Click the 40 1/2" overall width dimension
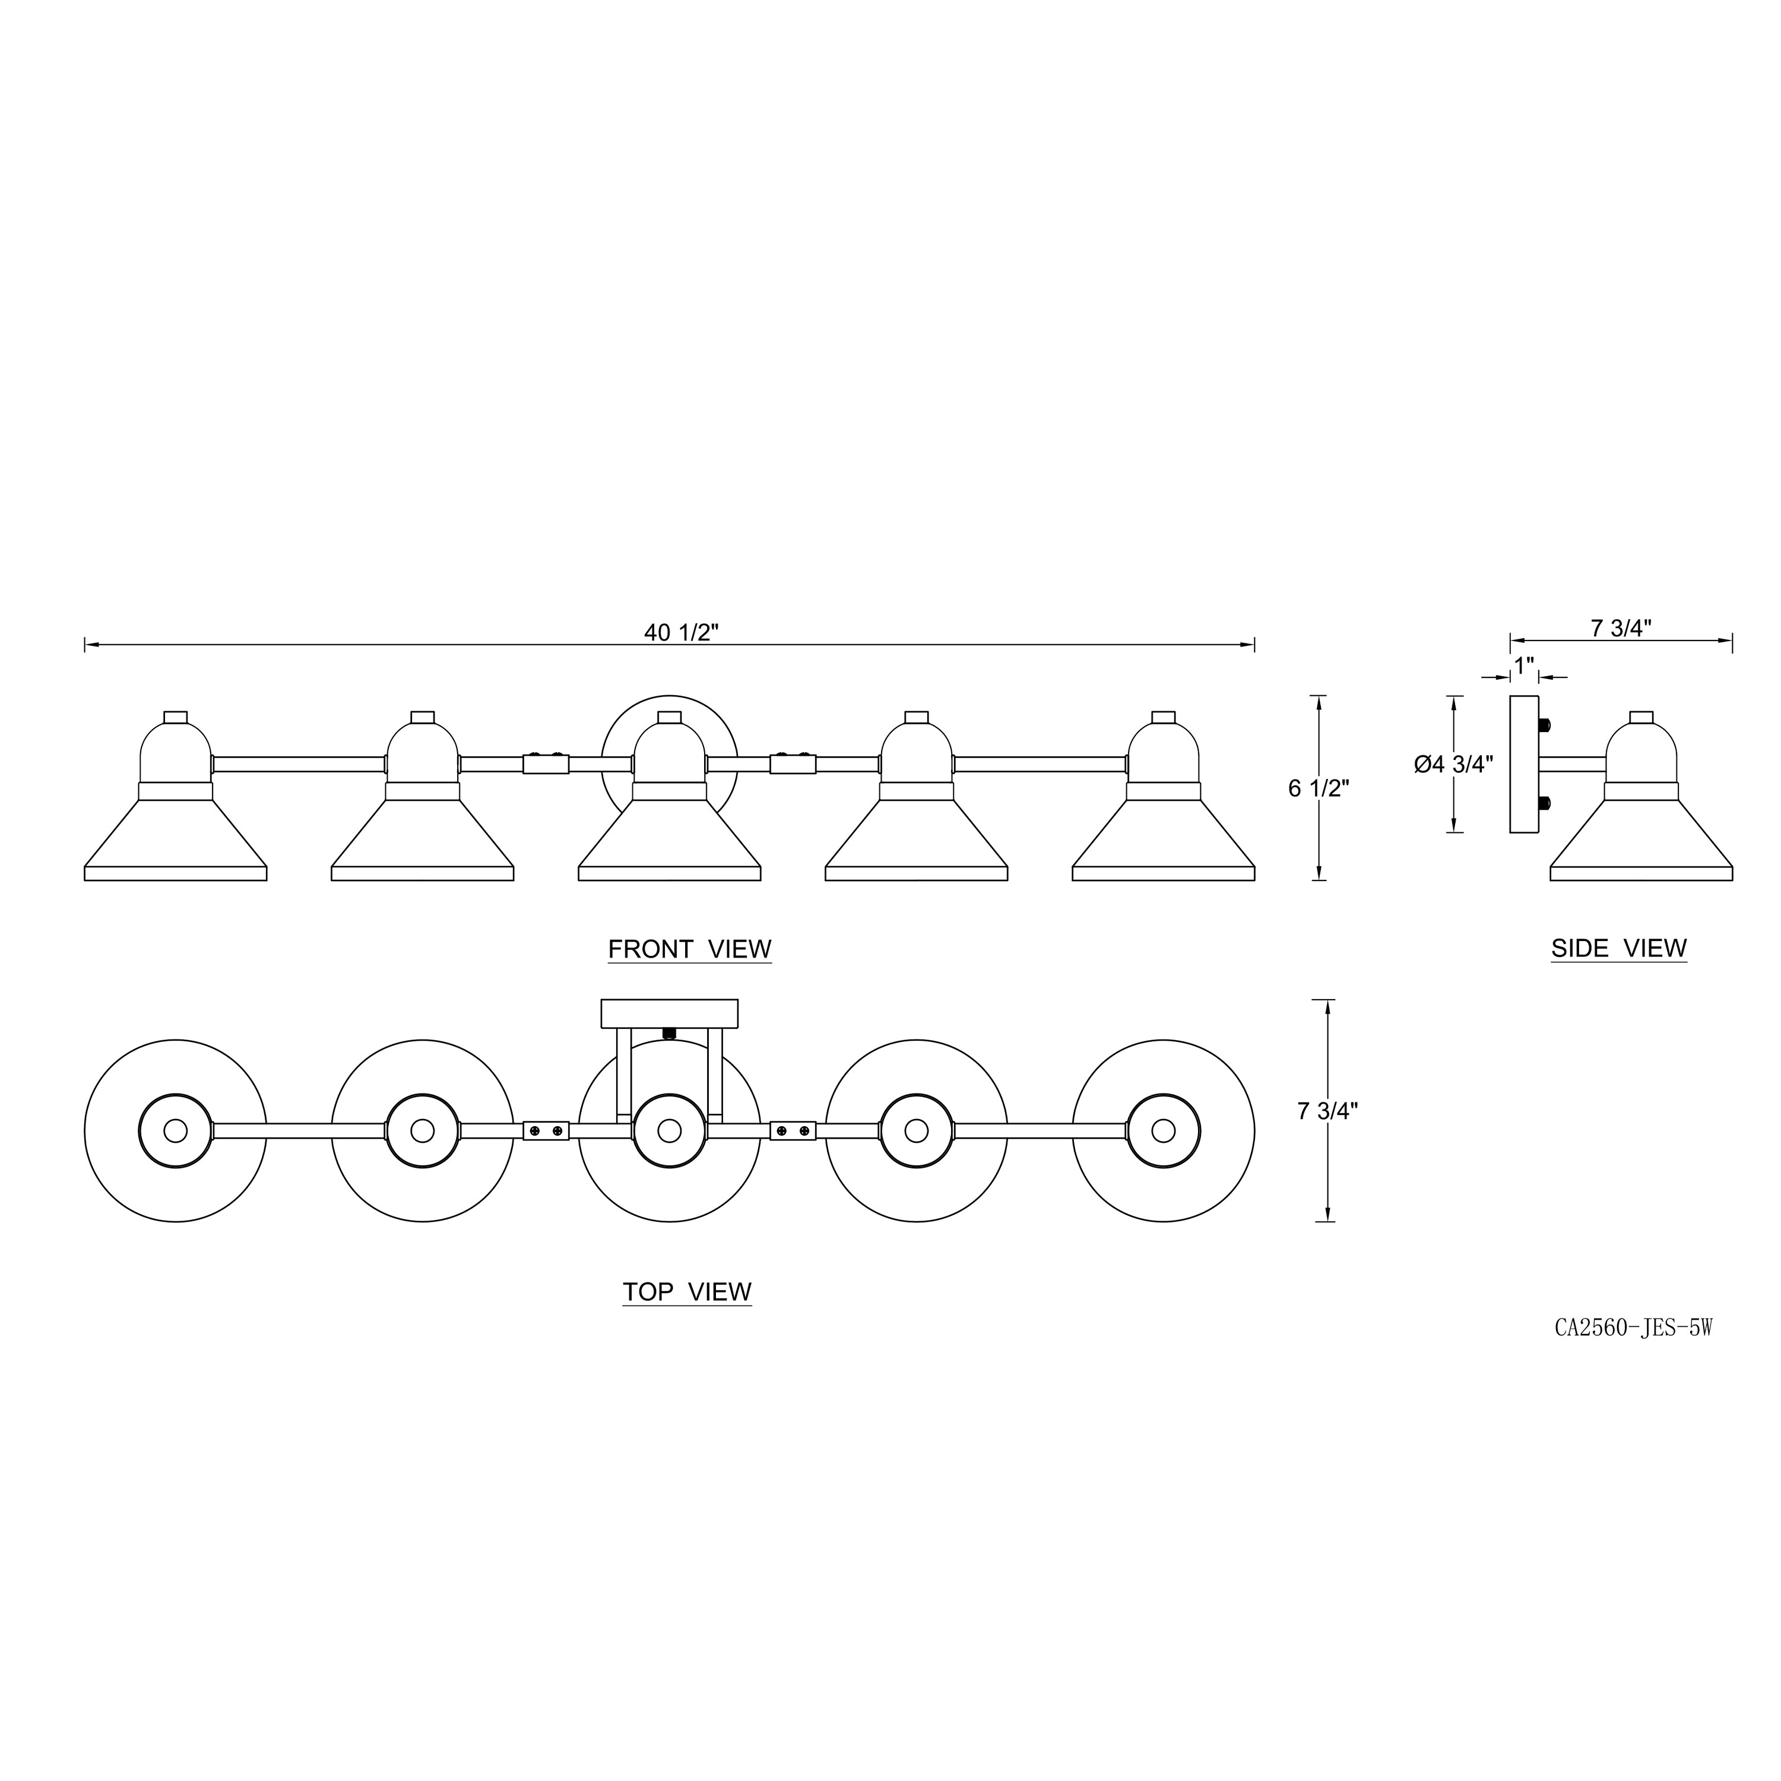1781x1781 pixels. pos(682,632)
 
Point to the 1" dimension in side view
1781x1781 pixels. pos(1524,664)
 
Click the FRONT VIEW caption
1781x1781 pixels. pos(689,949)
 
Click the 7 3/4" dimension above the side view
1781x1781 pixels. pos(1621,628)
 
